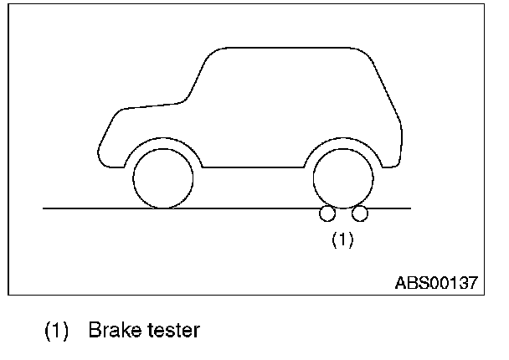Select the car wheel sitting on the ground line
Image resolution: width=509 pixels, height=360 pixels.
163,178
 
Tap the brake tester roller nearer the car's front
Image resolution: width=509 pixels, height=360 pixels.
326,214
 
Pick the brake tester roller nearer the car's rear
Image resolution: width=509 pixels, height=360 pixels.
360,214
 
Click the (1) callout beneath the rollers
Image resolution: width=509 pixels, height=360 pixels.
343,239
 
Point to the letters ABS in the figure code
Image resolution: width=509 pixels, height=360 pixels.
410,283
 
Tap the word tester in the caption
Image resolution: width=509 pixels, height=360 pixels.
170,331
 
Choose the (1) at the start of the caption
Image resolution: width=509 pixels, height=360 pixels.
56,331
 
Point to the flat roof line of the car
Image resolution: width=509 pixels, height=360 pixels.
285,47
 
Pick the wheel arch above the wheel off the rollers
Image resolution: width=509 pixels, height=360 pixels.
163,140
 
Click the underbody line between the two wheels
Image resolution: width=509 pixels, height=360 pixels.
251,167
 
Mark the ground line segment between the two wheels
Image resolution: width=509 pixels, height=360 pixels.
251,208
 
